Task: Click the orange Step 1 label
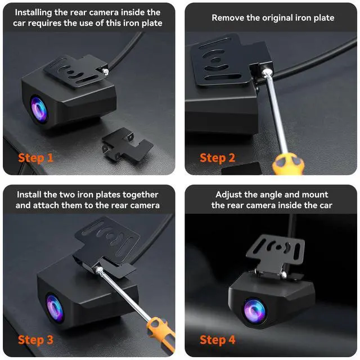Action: point(35,157)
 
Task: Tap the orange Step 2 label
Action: point(217,157)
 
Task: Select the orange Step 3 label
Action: point(35,340)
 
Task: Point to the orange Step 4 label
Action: point(218,340)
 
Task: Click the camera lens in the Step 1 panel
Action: point(39,105)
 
